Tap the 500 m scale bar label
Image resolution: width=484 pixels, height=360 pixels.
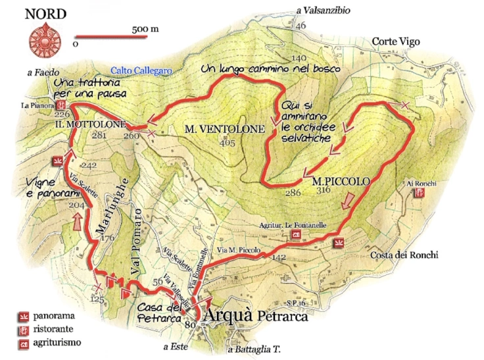click(x=145, y=29)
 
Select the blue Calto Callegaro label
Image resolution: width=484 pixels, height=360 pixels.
click(x=141, y=70)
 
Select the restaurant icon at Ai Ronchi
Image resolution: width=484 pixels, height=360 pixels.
click(x=419, y=193)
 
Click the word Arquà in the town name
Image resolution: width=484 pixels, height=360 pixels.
click(x=228, y=315)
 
